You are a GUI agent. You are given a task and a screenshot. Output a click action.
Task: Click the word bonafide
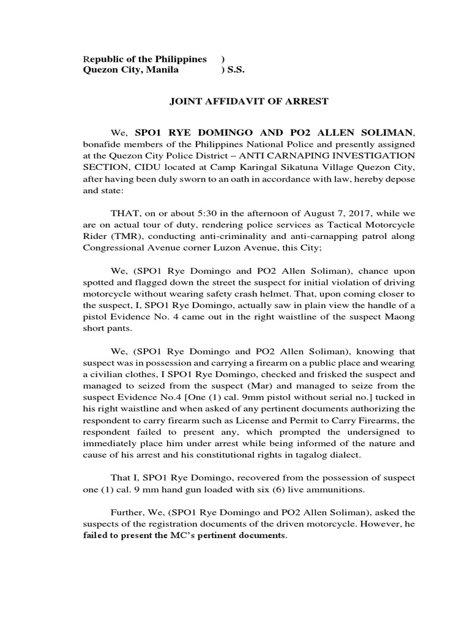point(104,144)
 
